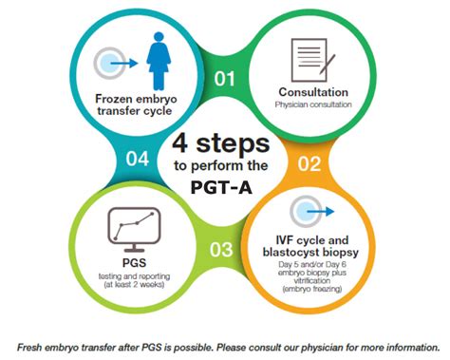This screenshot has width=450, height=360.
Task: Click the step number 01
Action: click(x=224, y=79)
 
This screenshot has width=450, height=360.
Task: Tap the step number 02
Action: click(x=309, y=163)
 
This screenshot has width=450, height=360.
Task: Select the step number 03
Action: click(x=221, y=249)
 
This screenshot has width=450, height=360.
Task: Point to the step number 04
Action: click(x=138, y=159)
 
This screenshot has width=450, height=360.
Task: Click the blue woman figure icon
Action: click(x=159, y=61)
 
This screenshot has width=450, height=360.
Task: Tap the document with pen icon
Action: click(x=312, y=60)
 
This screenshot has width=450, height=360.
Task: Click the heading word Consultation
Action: click(x=313, y=92)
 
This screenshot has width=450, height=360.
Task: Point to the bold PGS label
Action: click(x=134, y=263)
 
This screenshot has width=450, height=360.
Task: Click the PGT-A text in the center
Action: click(x=221, y=187)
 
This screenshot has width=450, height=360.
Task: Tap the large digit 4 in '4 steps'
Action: click(x=180, y=143)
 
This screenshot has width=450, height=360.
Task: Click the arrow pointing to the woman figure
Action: click(x=124, y=64)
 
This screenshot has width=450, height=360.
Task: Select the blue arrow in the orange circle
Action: click(x=320, y=211)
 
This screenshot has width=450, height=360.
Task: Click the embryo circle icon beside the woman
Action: click(x=109, y=63)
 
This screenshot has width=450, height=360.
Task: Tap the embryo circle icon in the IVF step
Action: click(x=306, y=211)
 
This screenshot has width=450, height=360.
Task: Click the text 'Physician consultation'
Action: click(x=313, y=104)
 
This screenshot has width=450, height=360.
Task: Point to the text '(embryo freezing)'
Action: click(x=312, y=289)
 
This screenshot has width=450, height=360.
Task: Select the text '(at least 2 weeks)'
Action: click(x=134, y=284)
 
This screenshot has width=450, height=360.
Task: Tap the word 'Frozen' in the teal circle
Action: click(x=114, y=99)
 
